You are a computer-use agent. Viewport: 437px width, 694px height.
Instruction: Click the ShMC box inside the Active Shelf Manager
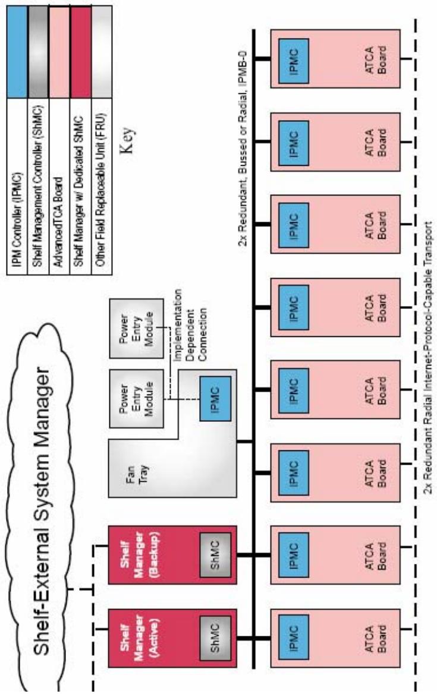click(x=215, y=638)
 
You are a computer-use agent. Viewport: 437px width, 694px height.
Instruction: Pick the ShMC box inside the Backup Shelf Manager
click(x=215, y=555)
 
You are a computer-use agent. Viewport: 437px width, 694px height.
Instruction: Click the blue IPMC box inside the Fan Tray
click(x=215, y=398)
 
